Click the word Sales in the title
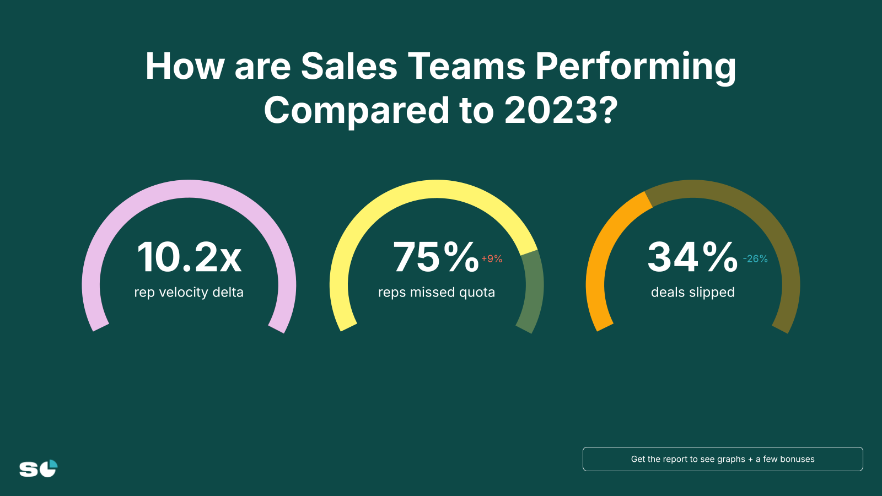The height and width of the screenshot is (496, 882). [349, 67]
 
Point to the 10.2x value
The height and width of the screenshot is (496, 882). [189, 257]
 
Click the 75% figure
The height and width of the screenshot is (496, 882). [435, 257]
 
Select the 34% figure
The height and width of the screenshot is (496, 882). [692, 257]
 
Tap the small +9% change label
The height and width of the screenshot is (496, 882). [492, 258]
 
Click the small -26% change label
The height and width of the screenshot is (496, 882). [755, 258]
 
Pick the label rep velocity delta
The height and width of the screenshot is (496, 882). [189, 292]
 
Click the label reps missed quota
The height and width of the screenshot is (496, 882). [437, 292]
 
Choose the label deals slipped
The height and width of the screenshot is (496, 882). [693, 292]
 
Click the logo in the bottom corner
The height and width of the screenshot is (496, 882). [38, 468]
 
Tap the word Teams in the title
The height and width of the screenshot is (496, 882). [466, 67]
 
